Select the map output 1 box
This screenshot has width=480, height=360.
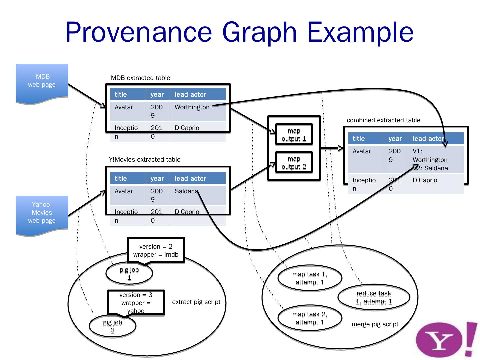pyautogui.click(x=294, y=135)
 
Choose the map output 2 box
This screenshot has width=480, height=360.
pyautogui.click(x=294, y=163)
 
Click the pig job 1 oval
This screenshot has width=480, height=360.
pyautogui.click(x=129, y=274)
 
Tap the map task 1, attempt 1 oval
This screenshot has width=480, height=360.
pyautogui.click(x=310, y=278)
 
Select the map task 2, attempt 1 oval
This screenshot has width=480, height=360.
pyautogui.click(x=310, y=318)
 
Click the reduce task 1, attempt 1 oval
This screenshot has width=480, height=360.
pyautogui.click(x=374, y=297)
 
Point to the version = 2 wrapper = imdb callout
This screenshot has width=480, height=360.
pyautogui.click(x=156, y=250)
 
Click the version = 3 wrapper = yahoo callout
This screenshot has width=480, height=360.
pyautogui.click(x=136, y=302)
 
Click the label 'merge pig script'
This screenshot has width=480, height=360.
pyautogui.click(x=375, y=324)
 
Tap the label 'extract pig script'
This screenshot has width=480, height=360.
pyautogui.click(x=196, y=302)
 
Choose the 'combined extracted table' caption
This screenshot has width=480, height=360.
pyautogui.click(x=383, y=120)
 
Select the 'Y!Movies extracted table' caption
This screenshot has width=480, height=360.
pyautogui.click(x=145, y=160)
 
